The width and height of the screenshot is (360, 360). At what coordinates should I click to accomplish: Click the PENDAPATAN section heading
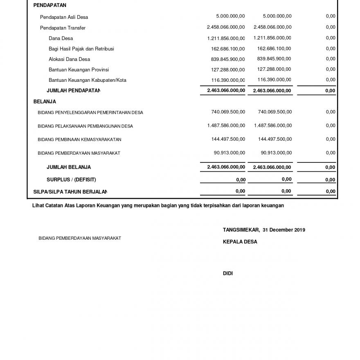pyautogui.click(x=49, y=6)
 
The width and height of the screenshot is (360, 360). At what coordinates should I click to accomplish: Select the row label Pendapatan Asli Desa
pyautogui.click(x=64, y=17)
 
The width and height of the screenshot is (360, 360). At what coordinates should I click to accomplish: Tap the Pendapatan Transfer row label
pyautogui.click(x=63, y=28)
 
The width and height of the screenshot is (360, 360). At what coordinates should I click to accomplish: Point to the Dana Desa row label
pyautogui.click(x=61, y=38)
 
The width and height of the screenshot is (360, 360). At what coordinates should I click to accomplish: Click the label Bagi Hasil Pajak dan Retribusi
pyautogui.click(x=81, y=49)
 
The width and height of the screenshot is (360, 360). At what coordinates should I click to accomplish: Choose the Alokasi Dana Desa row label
pyautogui.click(x=69, y=59)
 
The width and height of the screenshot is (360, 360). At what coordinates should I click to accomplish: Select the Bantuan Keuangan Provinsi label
pyautogui.click(x=79, y=70)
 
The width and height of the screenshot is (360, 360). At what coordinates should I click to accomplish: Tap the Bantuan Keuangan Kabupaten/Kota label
pyautogui.click(x=87, y=80)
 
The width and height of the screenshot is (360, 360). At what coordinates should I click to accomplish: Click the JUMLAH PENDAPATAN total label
pyautogui.click(x=73, y=91)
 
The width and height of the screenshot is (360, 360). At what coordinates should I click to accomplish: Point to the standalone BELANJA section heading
pyautogui.click(x=45, y=101)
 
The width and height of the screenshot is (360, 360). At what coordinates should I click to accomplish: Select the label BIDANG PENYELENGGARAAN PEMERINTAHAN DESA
pyautogui.click(x=90, y=112)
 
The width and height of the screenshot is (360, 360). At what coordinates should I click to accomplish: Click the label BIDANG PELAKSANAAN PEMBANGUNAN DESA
pyautogui.click(x=85, y=126)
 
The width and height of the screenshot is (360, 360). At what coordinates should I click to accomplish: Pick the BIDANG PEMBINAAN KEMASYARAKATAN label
pyautogui.click(x=79, y=139)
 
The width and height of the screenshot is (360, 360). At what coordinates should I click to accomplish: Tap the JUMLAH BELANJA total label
pyautogui.click(x=69, y=167)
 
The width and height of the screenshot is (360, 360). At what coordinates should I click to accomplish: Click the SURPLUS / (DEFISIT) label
pyautogui.click(x=71, y=180)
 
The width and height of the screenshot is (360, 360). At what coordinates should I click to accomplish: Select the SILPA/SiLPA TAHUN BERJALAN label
pyautogui.click(x=70, y=191)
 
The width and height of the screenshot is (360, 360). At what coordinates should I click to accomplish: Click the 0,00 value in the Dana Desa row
pyautogui.click(x=331, y=38)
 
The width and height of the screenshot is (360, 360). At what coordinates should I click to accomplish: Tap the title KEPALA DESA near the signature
pyautogui.click(x=240, y=242)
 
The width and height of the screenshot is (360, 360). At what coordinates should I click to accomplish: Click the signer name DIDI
pyautogui.click(x=228, y=273)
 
